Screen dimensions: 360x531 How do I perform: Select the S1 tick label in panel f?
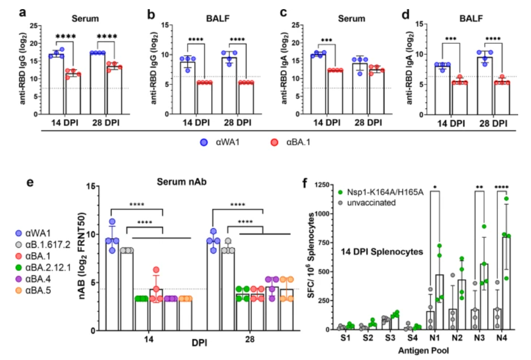[x=342, y=339]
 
